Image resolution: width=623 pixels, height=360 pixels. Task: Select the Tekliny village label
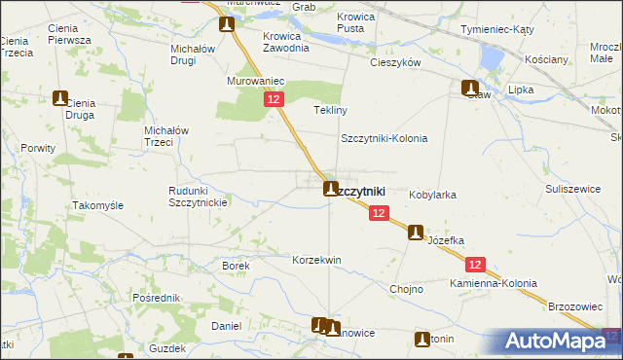[x=330, y=110]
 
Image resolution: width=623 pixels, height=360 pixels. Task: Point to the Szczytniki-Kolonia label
[x=384, y=138]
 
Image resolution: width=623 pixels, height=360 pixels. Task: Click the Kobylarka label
[x=432, y=195]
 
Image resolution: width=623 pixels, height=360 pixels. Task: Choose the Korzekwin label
[x=316, y=261]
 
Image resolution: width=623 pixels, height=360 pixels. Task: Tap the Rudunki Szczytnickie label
[x=198, y=197]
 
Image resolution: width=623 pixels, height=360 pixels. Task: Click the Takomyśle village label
[x=97, y=206]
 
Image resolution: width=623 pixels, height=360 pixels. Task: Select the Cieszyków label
[x=394, y=61]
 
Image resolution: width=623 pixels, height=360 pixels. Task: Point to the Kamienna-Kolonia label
[x=493, y=283]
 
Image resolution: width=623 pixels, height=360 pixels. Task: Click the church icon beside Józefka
[x=416, y=233]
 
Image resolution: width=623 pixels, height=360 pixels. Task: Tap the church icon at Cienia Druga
[x=60, y=97]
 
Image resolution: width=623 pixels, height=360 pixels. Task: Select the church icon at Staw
[x=469, y=88]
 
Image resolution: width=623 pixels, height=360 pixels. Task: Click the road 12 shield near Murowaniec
[x=273, y=100]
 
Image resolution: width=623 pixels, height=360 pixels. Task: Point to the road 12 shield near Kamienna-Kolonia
[x=475, y=264]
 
